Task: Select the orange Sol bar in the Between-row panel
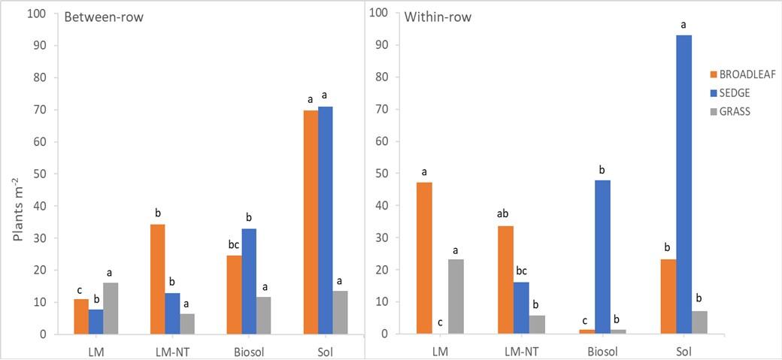click(311, 222)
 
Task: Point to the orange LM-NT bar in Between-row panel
click(157, 279)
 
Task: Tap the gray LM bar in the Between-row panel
click(111, 308)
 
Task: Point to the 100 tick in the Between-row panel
click(35, 14)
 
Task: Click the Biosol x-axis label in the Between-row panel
click(248, 351)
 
